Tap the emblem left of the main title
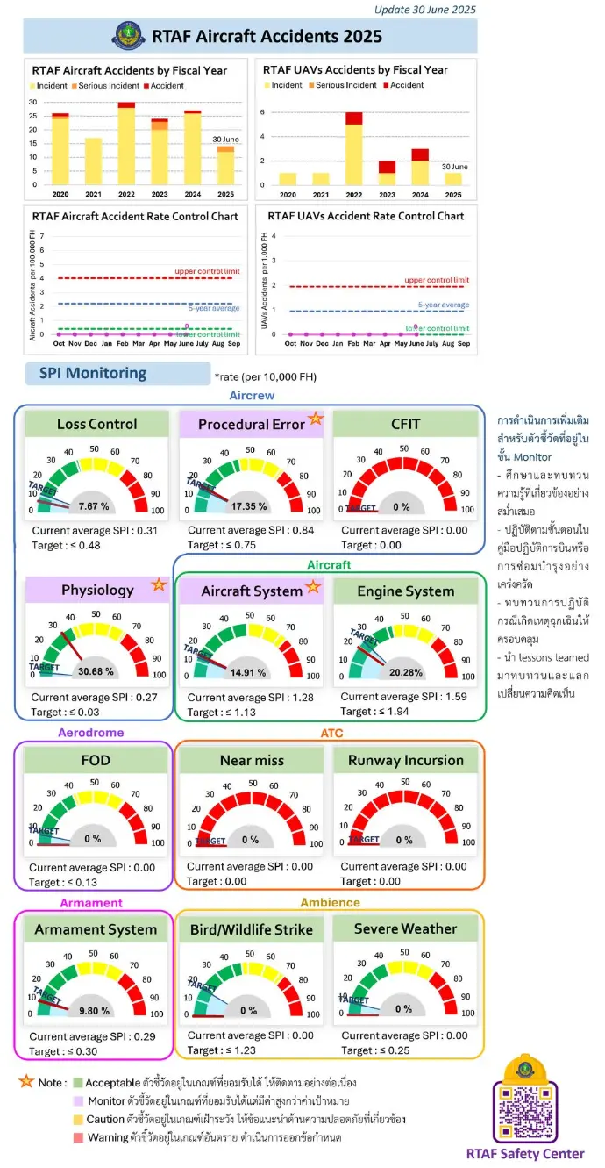[x=127, y=37]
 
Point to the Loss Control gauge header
[x=96, y=424]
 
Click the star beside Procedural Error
[x=316, y=419]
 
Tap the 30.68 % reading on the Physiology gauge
[x=97, y=671]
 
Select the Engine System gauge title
[x=405, y=591]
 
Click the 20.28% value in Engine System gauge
[x=406, y=671]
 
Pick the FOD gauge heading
[x=96, y=760]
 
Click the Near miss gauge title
[x=252, y=760]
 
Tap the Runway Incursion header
[x=405, y=760]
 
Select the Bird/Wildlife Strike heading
[x=252, y=928]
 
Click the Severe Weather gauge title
[x=405, y=928]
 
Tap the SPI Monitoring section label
[x=93, y=373]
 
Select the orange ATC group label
[x=332, y=733]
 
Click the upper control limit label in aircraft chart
[x=207, y=272]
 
